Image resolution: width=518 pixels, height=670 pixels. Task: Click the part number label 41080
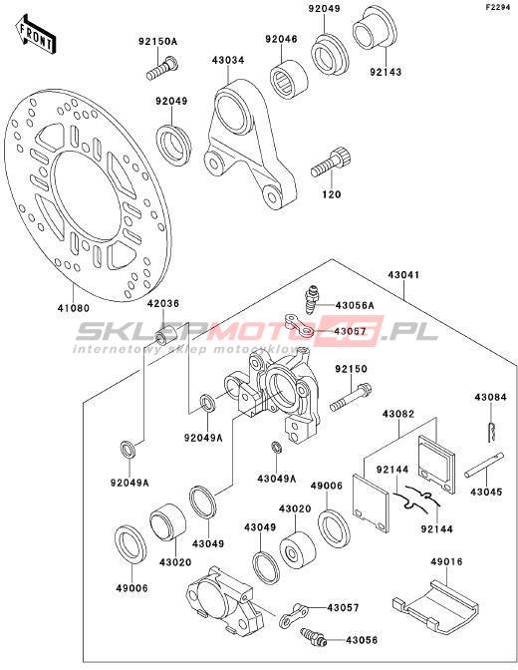click(74, 308)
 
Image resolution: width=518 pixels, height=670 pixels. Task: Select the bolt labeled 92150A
click(162, 69)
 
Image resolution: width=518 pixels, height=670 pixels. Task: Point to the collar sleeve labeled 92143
click(375, 27)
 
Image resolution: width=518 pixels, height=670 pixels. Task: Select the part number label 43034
click(228, 60)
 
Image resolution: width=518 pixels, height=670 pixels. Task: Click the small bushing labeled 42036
click(167, 335)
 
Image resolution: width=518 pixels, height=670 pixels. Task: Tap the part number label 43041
click(403, 275)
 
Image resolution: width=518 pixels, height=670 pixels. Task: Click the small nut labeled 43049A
click(276, 448)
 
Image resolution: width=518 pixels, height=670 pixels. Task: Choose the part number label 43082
click(398, 414)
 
